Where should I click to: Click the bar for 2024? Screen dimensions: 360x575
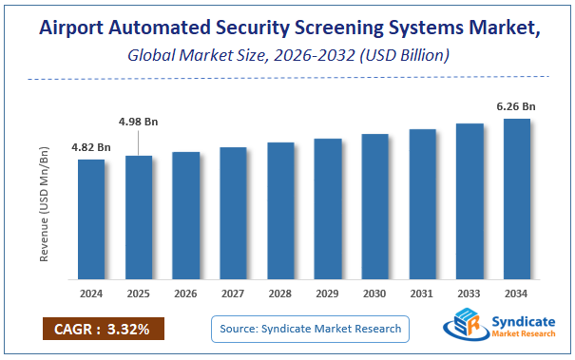91,219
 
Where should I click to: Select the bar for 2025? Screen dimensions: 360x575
139,218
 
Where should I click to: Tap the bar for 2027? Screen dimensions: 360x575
233,214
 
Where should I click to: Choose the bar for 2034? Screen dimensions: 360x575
516,199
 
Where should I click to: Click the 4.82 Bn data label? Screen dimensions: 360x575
91,147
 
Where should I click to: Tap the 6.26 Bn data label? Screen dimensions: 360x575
516,105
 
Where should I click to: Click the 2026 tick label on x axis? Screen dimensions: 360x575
186,294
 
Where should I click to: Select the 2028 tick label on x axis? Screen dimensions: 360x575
280,294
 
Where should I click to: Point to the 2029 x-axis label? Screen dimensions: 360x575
328,294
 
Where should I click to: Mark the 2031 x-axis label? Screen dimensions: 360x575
422,294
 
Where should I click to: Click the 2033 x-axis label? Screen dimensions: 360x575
470,294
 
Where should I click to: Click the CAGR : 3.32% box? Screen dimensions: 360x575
103,329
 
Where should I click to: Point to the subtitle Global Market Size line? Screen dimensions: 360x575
287,55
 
